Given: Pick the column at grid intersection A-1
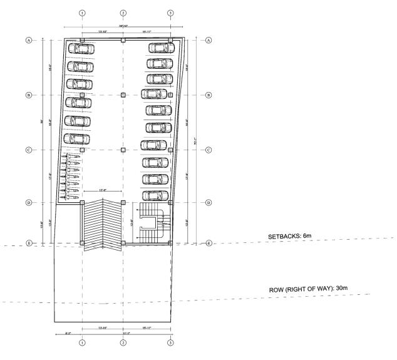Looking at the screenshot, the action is click(x=82, y=40).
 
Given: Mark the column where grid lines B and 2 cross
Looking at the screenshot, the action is click(x=123, y=95).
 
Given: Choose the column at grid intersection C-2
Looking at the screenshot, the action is click(x=123, y=150).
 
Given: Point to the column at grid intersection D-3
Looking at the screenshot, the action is click(x=170, y=203).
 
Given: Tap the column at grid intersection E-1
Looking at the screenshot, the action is click(x=82, y=243).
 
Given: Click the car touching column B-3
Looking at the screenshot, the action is click(x=154, y=95).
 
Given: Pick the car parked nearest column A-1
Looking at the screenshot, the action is click(x=81, y=48).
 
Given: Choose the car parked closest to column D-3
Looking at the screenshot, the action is click(x=155, y=195).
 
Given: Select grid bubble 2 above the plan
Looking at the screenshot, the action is click(x=123, y=13).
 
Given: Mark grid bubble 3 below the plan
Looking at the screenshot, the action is click(x=170, y=342).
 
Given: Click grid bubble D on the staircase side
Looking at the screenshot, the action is click(x=209, y=203).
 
